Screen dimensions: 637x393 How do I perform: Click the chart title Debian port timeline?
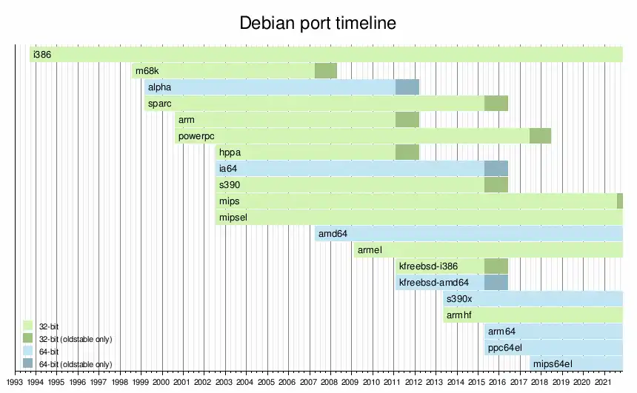(318, 23)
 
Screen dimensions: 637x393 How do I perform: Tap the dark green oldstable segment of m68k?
(326, 70)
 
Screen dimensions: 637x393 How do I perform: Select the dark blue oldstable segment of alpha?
(407, 87)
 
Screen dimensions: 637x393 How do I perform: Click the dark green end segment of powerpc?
(540, 135)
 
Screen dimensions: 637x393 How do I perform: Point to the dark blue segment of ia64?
(496, 168)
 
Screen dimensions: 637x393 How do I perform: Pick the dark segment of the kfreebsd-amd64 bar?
(496, 282)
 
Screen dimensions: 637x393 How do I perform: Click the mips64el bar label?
(553, 364)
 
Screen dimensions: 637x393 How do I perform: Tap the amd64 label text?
(333, 233)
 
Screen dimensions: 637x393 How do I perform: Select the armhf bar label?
(459, 315)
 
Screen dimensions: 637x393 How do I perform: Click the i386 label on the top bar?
(42, 55)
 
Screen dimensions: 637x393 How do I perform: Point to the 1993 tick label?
(15, 382)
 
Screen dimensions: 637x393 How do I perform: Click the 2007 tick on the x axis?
(308, 382)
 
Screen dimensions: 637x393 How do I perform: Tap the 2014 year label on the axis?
(456, 382)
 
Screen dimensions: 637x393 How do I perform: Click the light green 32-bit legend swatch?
(27, 326)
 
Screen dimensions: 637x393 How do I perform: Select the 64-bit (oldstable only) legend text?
(76, 364)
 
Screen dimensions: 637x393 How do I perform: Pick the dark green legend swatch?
(27, 338)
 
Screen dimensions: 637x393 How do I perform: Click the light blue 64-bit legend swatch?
(27, 351)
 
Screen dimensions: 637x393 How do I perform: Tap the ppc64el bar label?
(505, 348)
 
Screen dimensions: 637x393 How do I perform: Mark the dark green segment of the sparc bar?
(496, 103)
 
